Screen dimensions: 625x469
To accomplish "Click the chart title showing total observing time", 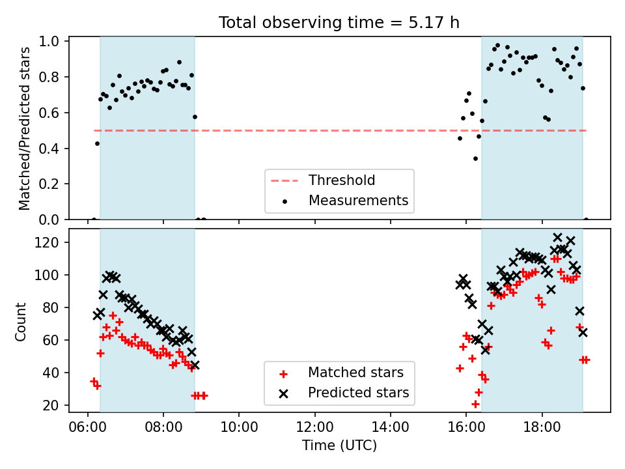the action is (x=339, y=22).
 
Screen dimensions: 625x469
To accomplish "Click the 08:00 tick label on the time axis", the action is (x=163, y=427).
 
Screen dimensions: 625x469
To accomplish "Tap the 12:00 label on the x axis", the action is (x=315, y=427).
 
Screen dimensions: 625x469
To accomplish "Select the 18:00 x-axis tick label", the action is (x=542, y=427).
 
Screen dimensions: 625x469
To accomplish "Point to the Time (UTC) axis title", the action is (x=339, y=445).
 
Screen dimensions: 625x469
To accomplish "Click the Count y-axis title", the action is (x=20, y=321).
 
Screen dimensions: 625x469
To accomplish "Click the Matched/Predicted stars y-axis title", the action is (x=24, y=128).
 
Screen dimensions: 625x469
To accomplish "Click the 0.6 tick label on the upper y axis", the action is (x=49, y=113).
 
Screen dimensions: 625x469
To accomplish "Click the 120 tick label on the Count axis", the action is (x=47, y=242).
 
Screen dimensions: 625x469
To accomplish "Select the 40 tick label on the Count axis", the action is (x=51, y=373).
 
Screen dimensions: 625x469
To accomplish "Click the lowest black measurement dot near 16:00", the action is (x=475, y=159).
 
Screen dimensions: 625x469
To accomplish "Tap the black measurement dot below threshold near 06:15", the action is (x=97, y=143).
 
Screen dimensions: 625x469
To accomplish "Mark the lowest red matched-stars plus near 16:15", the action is (x=475, y=405).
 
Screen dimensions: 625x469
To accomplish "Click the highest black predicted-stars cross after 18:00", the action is (x=558, y=238).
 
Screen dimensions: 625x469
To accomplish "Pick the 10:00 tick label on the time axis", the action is (x=239, y=427).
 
